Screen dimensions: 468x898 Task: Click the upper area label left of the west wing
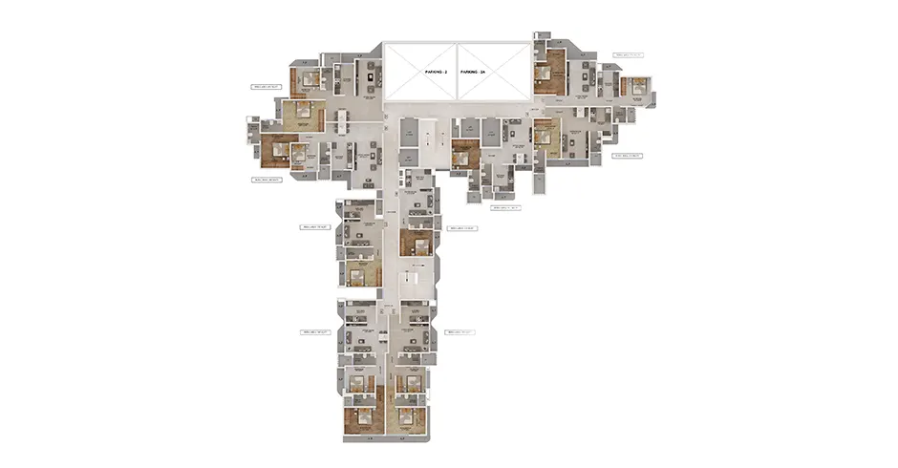click(x=267, y=87)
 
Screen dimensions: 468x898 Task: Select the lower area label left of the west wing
click(x=267, y=179)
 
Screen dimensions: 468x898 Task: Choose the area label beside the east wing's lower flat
click(x=628, y=155)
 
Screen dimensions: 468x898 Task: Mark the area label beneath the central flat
click(x=504, y=207)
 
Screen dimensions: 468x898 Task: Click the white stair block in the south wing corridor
click(x=412, y=279)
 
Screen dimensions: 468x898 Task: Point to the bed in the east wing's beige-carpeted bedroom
click(x=544, y=137)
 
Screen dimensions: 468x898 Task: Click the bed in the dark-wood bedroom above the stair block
click(x=416, y=240)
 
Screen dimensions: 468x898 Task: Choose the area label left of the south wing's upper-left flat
click(x=315, y=227)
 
